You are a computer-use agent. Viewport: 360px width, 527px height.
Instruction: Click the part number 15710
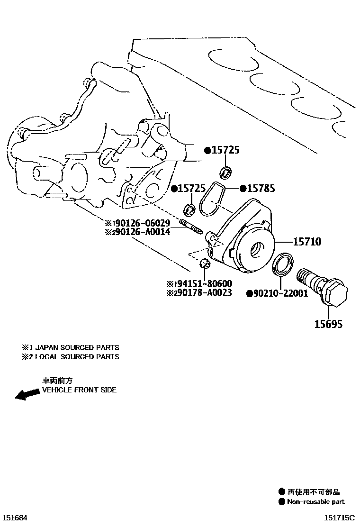[x=307, y=242]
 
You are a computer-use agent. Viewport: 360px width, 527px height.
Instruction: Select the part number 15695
[x=328, y=324]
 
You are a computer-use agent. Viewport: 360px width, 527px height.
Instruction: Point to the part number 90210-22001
[x=280, y=293]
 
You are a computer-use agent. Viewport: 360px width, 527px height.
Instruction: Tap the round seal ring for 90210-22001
[x=283, y=264]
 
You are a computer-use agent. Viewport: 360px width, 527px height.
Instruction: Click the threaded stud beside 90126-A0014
[x=191, y=226]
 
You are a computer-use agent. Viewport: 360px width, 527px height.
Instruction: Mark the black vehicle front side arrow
[x=27, y=394]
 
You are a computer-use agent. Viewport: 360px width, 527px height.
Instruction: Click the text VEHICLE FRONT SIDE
[x=79, y=390]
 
